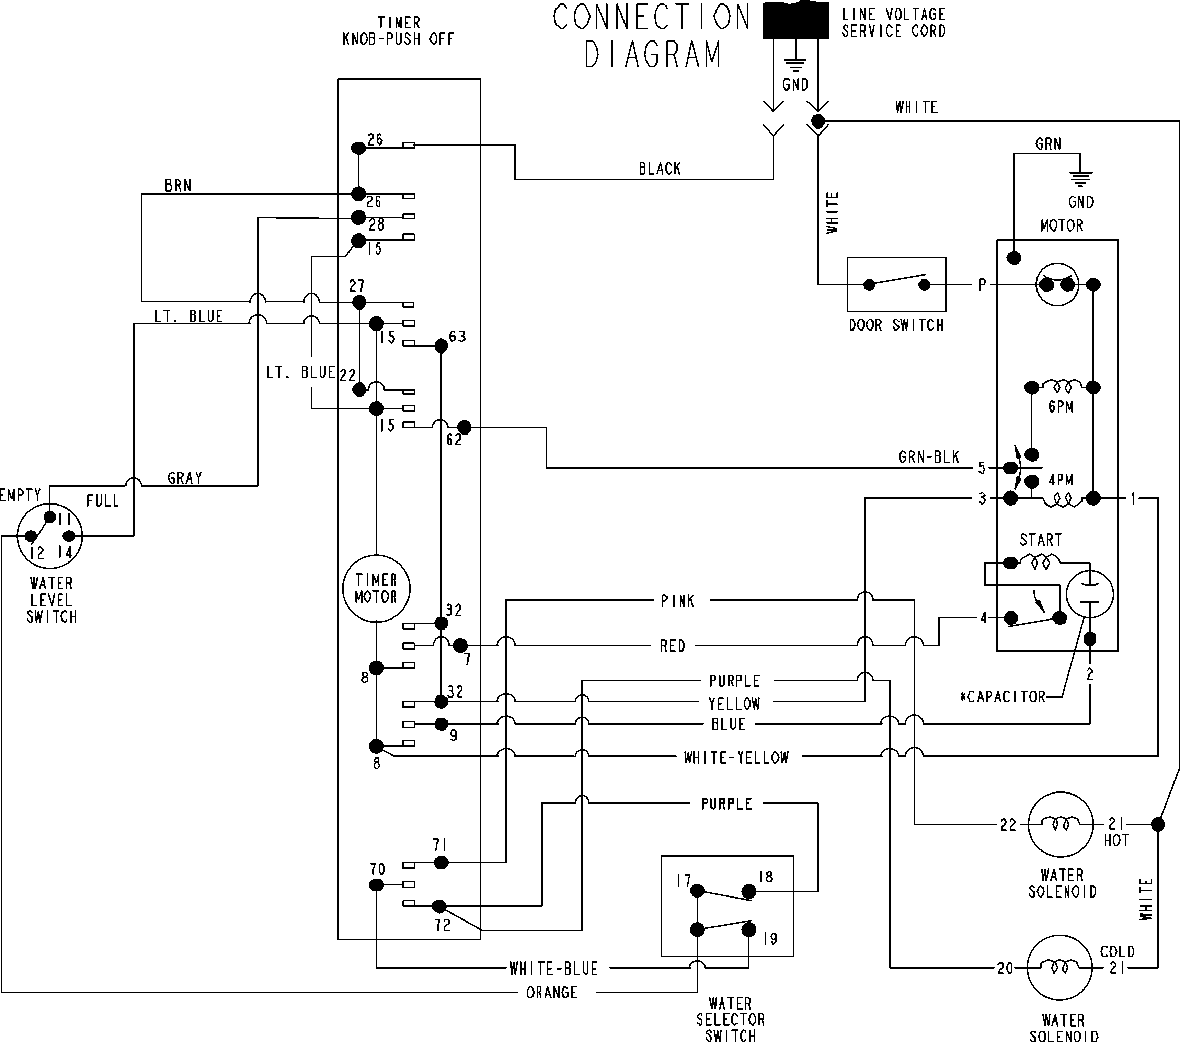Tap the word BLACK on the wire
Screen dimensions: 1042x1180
[659, 169]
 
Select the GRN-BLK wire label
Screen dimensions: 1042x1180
[928, 458]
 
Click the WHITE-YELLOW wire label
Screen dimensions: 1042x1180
[736, 757]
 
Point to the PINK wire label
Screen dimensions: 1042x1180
[677, 601]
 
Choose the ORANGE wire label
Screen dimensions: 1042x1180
[551, 992]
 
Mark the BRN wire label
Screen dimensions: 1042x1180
[178, 186]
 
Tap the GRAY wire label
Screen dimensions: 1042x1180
[185, 478]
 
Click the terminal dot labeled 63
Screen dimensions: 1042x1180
[441, 346]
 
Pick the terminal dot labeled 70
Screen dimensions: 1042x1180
[376, 885]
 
